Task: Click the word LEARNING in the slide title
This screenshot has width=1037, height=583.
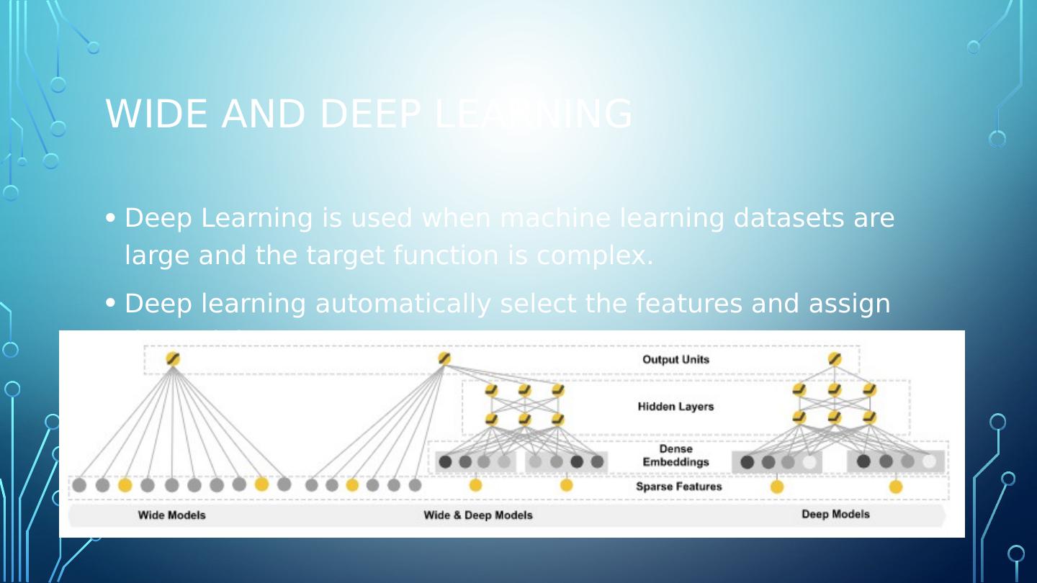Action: click(534, 114)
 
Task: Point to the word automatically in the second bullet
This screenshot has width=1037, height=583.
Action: click(403, 304)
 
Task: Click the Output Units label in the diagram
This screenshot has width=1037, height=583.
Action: click(675, 359)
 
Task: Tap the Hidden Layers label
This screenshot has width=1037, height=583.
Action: click(675, 407)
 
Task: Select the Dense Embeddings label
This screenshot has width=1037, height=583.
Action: click(675, 456)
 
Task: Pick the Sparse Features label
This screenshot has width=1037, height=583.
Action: click(678, 487)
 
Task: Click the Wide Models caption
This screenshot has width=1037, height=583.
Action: click(171, 515)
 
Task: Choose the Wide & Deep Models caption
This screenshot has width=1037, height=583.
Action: click(477, 515)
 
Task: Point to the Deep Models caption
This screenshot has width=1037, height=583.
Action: click(835, 514)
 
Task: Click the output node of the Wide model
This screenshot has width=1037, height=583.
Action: click(173, 358)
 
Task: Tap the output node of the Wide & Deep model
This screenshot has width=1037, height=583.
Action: click(444, 358)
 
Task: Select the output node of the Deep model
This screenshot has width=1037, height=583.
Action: click(835, 358)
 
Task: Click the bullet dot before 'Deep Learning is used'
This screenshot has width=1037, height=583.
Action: click(110, 218)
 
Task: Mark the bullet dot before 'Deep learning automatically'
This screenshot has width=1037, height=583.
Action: click(110, 304)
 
